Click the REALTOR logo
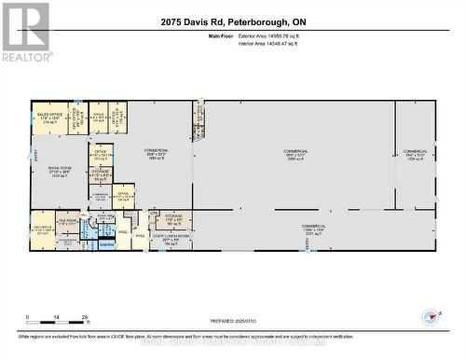25,32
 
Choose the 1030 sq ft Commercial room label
415,155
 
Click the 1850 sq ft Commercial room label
156,155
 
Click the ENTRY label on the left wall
35,157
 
